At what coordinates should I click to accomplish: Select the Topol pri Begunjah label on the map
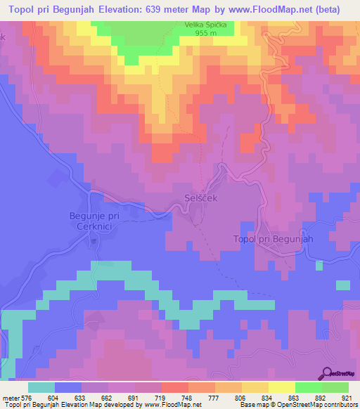272,239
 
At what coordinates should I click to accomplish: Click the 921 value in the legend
347,397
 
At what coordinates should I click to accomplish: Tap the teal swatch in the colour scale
41,387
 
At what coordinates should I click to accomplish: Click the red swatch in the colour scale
174,387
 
